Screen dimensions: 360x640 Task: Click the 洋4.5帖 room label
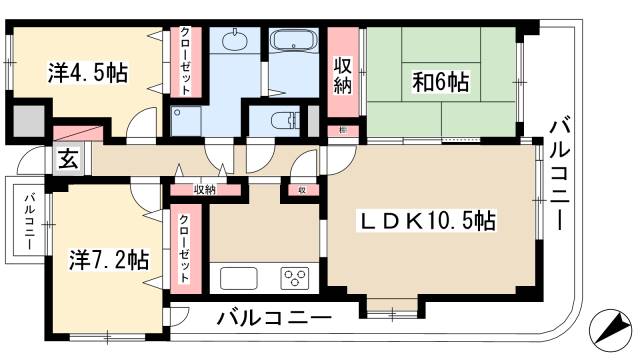click(x=88, y=73)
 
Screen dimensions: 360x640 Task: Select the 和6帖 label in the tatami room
click(x=441, y=80)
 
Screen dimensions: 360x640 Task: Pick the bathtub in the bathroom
click(x=293, y=44)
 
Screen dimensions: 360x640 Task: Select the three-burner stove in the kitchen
click(x=294, y=277)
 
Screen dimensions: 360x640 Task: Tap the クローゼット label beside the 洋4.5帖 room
click(x=186, y=61)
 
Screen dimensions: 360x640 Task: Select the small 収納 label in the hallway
click(x=205, y=188)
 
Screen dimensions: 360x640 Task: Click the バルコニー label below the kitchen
click(x=273, y=320)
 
